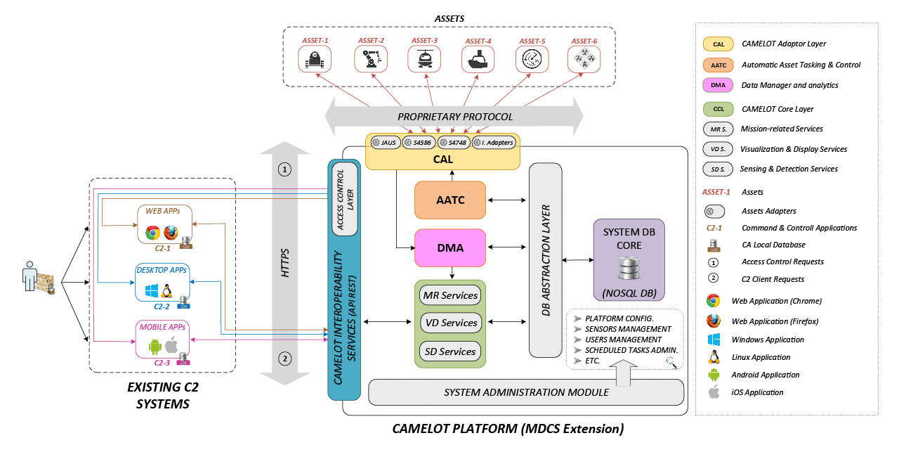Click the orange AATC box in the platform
(x=450, y=200)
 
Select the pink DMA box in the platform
(x=450, y=247)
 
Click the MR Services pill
(x=450, y=295)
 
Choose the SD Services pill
(x=450, y=352)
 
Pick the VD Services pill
(x=450, y=323)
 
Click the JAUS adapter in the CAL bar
(x=386, y=142)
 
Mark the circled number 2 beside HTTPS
(x=285, y=359)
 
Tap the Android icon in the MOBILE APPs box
(x=155, y=346)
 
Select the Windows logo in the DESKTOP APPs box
(x=150, y=290)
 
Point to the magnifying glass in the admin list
(x=672, y=361)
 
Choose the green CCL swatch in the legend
(x=718, y=109)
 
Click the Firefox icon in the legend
(x=714, y=321)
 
